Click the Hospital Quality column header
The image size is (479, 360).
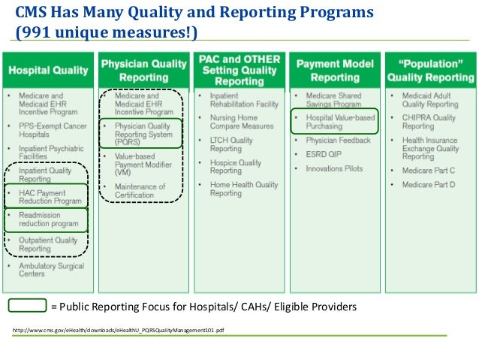[x=49, y=70]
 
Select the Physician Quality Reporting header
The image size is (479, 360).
[x=143, y=70]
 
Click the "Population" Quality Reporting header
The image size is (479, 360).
[x=429, y=70]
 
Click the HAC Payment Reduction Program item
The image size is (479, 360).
[x=50, y=197]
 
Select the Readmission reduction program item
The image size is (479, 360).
[x=49, y=219]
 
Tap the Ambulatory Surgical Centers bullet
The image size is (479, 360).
[x=48, y=269]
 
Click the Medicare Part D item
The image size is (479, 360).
[x=428, y=184]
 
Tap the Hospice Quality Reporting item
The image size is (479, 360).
[x=236, y=167]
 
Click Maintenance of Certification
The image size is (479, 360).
[x=140, y=191]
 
